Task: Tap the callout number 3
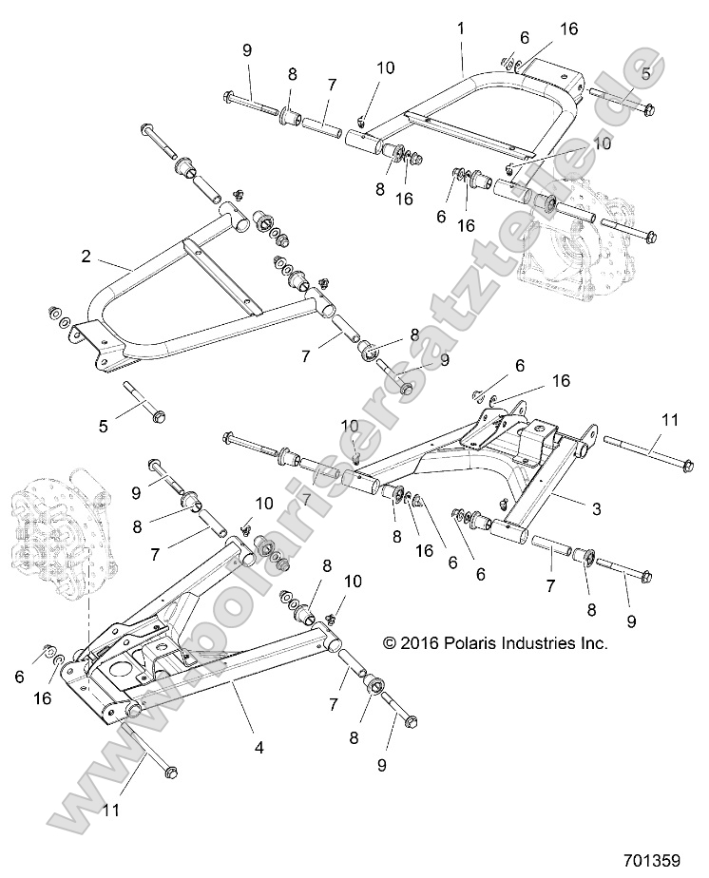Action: click(x=596, y=509)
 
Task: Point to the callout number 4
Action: click(x=259, y=747)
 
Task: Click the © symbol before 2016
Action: click(x=390, y=643)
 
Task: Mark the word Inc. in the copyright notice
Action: click(x=594, y=643)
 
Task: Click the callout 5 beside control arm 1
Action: click(x=646, y=73)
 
